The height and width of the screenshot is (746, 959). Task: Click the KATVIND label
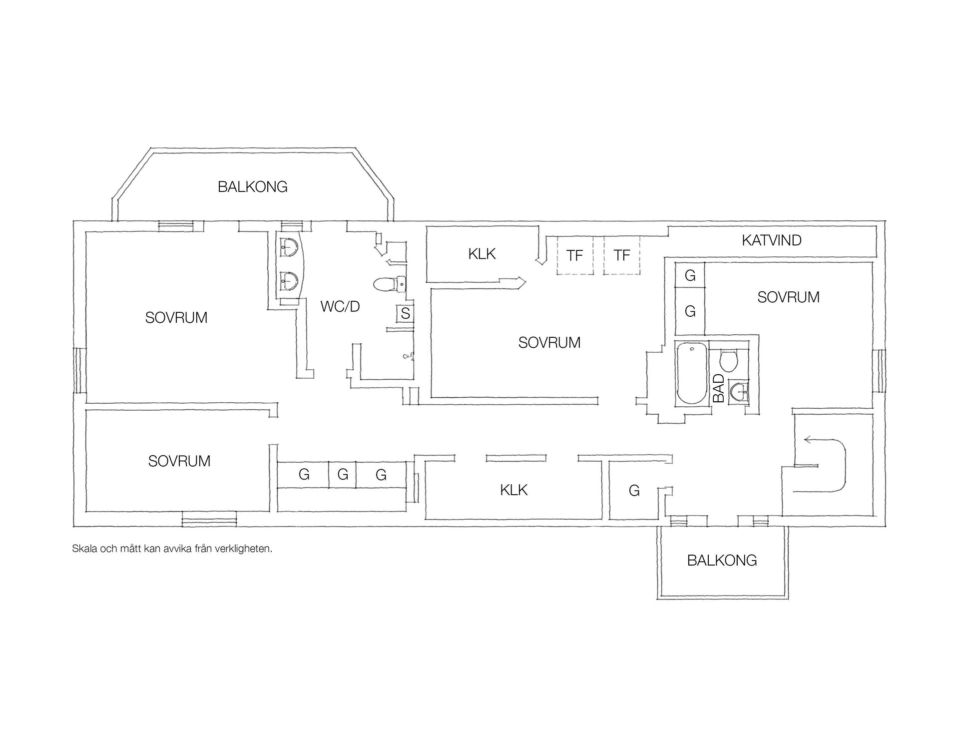click(771, 240)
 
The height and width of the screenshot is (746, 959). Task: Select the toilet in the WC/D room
click(390, 284)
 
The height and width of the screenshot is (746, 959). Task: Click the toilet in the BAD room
click(729, 361)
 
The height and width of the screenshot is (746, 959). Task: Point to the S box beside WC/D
click(405, 314)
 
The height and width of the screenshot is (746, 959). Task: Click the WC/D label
click(340, 306)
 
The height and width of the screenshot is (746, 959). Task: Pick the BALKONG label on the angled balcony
click(253, 187)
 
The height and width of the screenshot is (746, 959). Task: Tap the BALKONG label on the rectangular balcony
click(722, 560)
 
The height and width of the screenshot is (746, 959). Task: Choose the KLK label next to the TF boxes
click(482, 254)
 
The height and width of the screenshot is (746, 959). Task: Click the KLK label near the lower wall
click(514, 490)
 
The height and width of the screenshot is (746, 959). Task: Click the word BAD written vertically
click(718, 388)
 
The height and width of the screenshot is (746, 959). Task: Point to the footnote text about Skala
click(172, 549)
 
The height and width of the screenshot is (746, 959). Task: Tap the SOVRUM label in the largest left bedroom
click(176, 318)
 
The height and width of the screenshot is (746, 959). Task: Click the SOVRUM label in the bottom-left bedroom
click(179, 461)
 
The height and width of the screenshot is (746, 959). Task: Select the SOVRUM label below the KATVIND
click(788, 297)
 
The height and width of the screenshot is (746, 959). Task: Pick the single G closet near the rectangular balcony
click(634, 491)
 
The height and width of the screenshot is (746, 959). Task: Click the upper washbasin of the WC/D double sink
click(289, 246)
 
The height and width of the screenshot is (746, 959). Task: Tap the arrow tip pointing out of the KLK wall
click(525, 283)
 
